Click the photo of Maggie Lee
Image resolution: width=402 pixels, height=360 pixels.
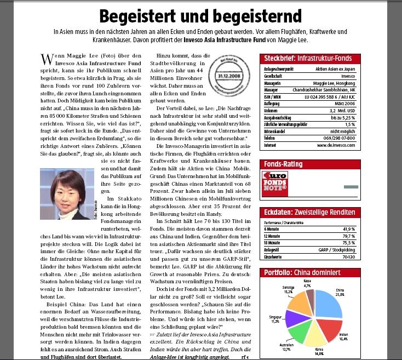[x=64, y=189]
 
